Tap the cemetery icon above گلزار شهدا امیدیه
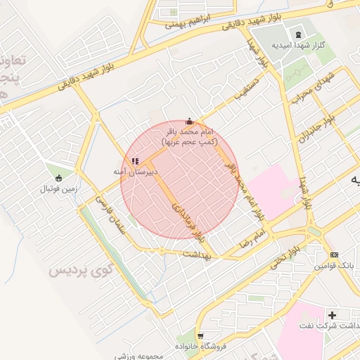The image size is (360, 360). coord(299,35)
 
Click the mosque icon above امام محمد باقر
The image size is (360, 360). coord(188,122)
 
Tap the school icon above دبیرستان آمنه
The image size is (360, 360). coord(135,161)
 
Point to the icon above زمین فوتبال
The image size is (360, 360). coord(58,177)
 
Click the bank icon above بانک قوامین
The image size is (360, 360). coord(334,255)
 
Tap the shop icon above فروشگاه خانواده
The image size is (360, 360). coord(201,335)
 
